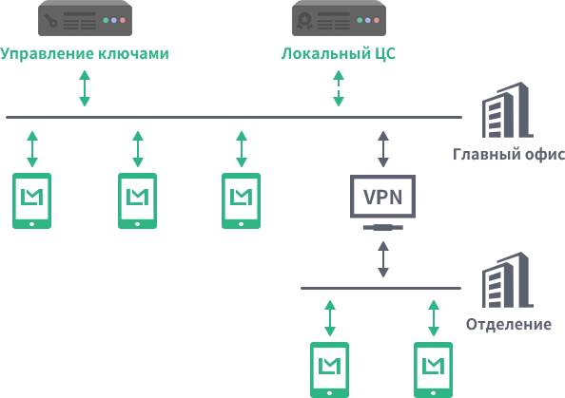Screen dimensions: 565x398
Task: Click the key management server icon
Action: click(x=85, y=18)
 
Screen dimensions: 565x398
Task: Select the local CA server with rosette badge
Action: click(x=339, y=18)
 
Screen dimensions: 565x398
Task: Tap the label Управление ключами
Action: click(x=85, y=53)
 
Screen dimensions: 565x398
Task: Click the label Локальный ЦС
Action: click(x=339, y=53)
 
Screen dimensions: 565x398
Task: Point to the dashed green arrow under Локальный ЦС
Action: click(x=339, y=88)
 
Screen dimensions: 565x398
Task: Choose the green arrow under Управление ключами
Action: click(x=85, y=88)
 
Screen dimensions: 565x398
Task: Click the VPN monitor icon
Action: click(x=382, y=202)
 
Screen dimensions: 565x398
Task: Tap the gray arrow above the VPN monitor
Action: click(x=383, y=149)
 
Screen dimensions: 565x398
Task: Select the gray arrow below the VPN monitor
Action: click(x=383, y=259)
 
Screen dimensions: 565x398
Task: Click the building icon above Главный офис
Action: click(x=507, y=110)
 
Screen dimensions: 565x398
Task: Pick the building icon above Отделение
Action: click(x=507, y=280)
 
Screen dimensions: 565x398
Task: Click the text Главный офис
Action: click(x=509, y=155)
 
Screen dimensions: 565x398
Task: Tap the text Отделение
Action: click(x=509, y=325)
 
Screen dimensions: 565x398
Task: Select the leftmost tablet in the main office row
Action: click(x=32, y=200)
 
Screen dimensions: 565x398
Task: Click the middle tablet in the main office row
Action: click(x=138, y=200)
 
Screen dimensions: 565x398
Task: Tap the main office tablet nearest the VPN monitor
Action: click(x=241, y=200)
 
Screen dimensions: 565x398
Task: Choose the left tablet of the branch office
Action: click(x=330, y=370)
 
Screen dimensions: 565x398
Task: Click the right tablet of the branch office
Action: click(x=433, y=370)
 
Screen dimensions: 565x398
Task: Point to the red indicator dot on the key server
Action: click(x=123, y=21)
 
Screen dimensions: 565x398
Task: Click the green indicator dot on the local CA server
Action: click(x=360, y=21)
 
